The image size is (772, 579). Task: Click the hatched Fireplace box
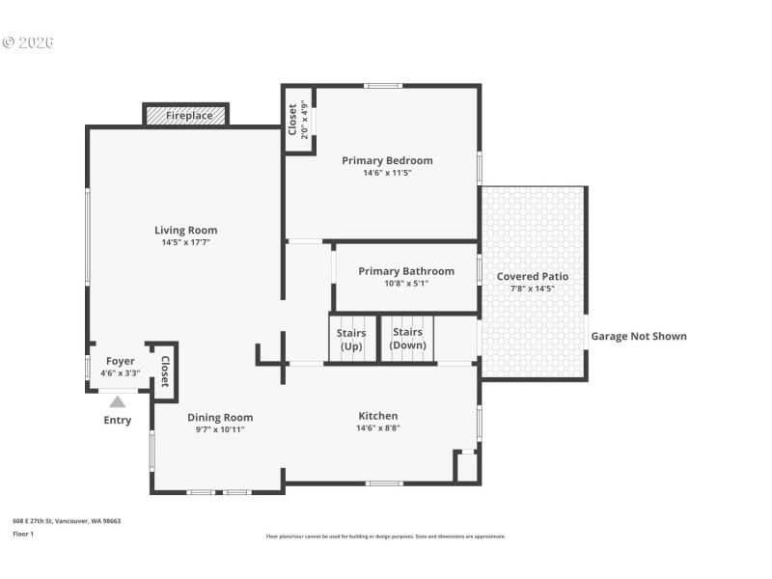[x=187, y=116]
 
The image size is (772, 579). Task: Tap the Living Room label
[x=185, y=230]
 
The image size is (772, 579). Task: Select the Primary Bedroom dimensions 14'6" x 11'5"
[x=387, y=174]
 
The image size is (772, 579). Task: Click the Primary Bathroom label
[x=405, y=271]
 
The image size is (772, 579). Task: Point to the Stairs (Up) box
[x=351, y=340]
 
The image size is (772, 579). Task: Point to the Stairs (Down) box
[x=408, y=339]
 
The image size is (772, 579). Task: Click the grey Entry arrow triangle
[x=117, y=401]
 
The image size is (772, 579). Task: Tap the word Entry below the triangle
[x=117, y=421]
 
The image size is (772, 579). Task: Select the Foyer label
[x=120, y=361]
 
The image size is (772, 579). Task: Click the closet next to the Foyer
[x=164, y=370]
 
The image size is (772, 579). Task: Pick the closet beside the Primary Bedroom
[x=297, y=121]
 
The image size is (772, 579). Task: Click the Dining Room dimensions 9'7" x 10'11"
[x=220, y=429]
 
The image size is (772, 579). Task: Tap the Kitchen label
[x=377, y=416]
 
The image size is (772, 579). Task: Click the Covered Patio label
[x=532, y=276]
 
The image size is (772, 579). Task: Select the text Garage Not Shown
[x=638, y=337]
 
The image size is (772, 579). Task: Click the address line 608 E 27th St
[x=67, y=521]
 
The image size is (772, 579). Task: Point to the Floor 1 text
[x=23, y=534]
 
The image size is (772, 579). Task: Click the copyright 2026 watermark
[x=28, y=42]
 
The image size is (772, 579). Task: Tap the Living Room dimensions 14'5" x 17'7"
[x=185, y=243]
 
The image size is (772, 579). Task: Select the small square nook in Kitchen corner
[x=467, y=467]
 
